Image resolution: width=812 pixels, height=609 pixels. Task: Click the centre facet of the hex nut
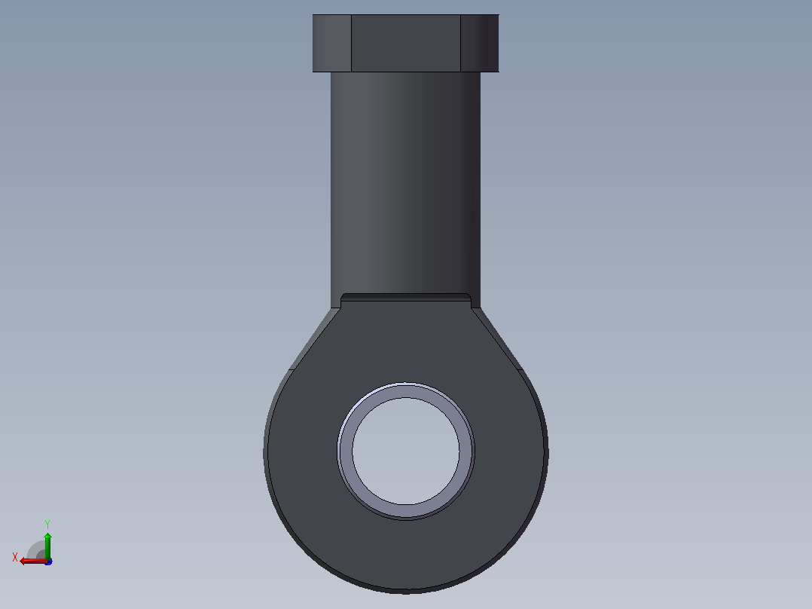point(406,43)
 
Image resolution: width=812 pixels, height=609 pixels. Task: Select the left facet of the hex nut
point(332,43)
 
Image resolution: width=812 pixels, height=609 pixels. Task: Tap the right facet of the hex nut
point(480,43)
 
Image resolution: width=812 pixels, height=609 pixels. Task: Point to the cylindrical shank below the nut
point(405,182)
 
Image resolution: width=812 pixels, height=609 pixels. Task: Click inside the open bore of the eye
point(406,451)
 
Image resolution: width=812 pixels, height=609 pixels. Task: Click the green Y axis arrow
point(47,546)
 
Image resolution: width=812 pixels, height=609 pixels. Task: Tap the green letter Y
point(47,524)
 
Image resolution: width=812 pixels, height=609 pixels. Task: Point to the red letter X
point(15,557)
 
